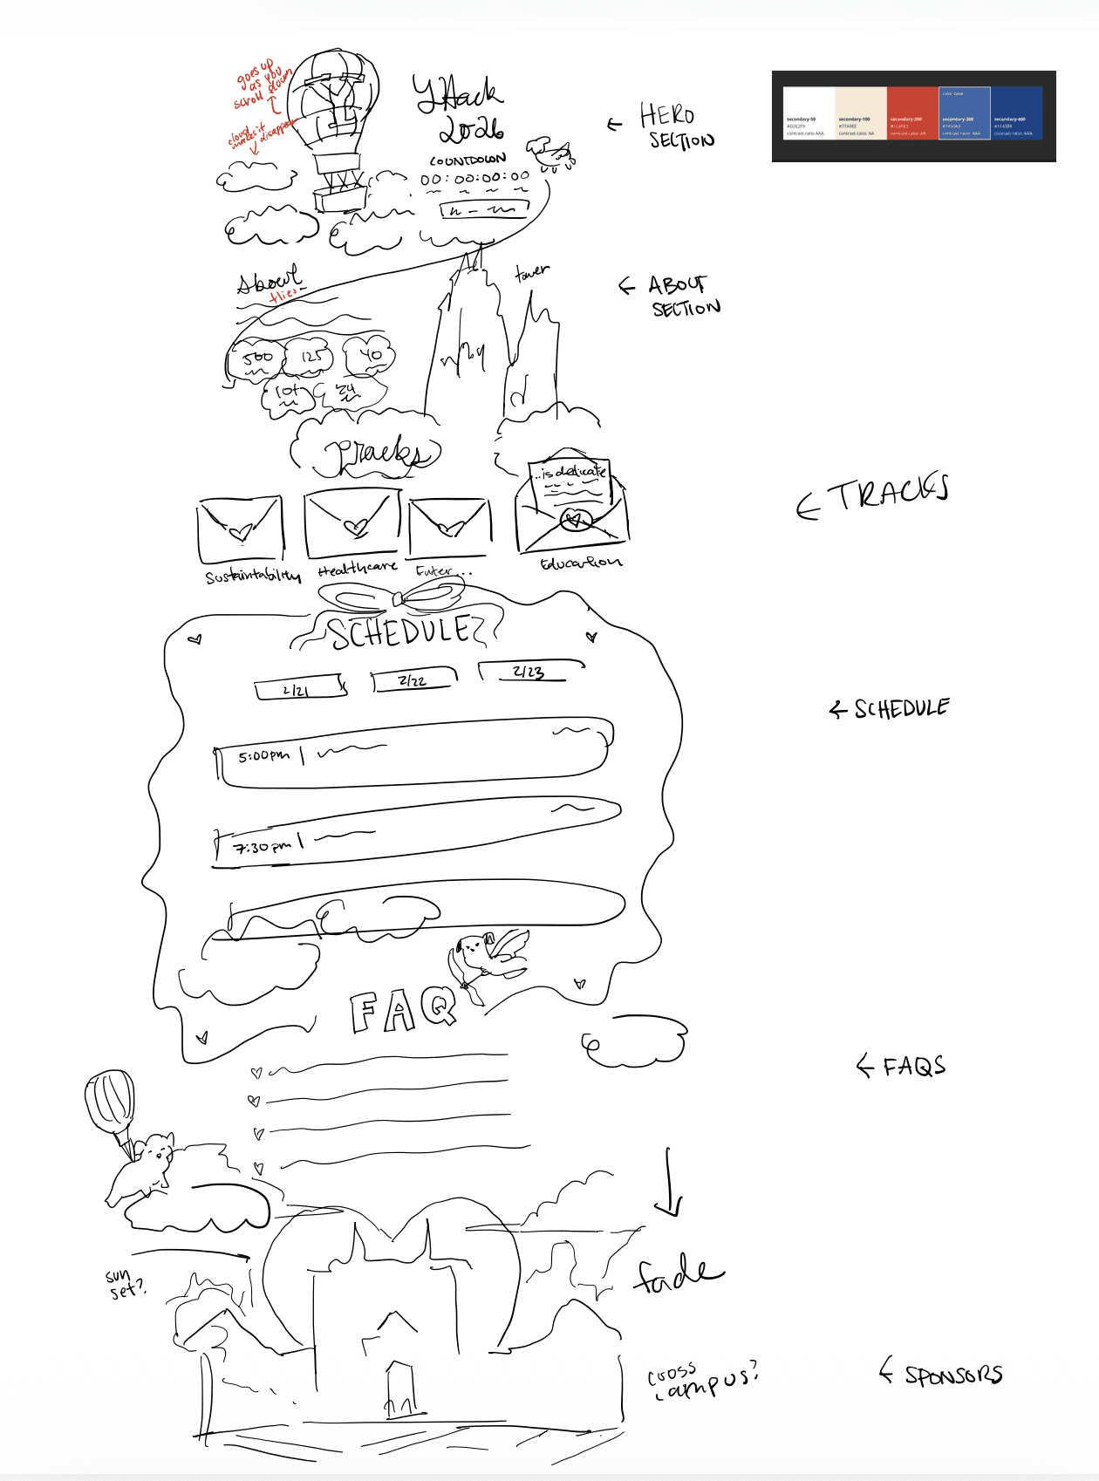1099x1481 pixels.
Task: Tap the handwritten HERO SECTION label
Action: click(677, 127)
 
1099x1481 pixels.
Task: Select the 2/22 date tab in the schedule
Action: click(413, 679)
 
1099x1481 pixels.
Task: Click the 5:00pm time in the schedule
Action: click(263, 755)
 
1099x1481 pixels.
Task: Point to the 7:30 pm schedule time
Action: click(262, 846)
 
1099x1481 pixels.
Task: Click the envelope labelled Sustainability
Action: click(241, 529)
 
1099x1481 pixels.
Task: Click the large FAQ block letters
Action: click(403, 1012)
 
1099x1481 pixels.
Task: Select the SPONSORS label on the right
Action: click(952, 1375)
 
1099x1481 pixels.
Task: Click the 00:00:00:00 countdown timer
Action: click(474, 179)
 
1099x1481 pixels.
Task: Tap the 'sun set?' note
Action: click(124, 1283)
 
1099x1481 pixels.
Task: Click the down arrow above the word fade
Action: click(669, 1183)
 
